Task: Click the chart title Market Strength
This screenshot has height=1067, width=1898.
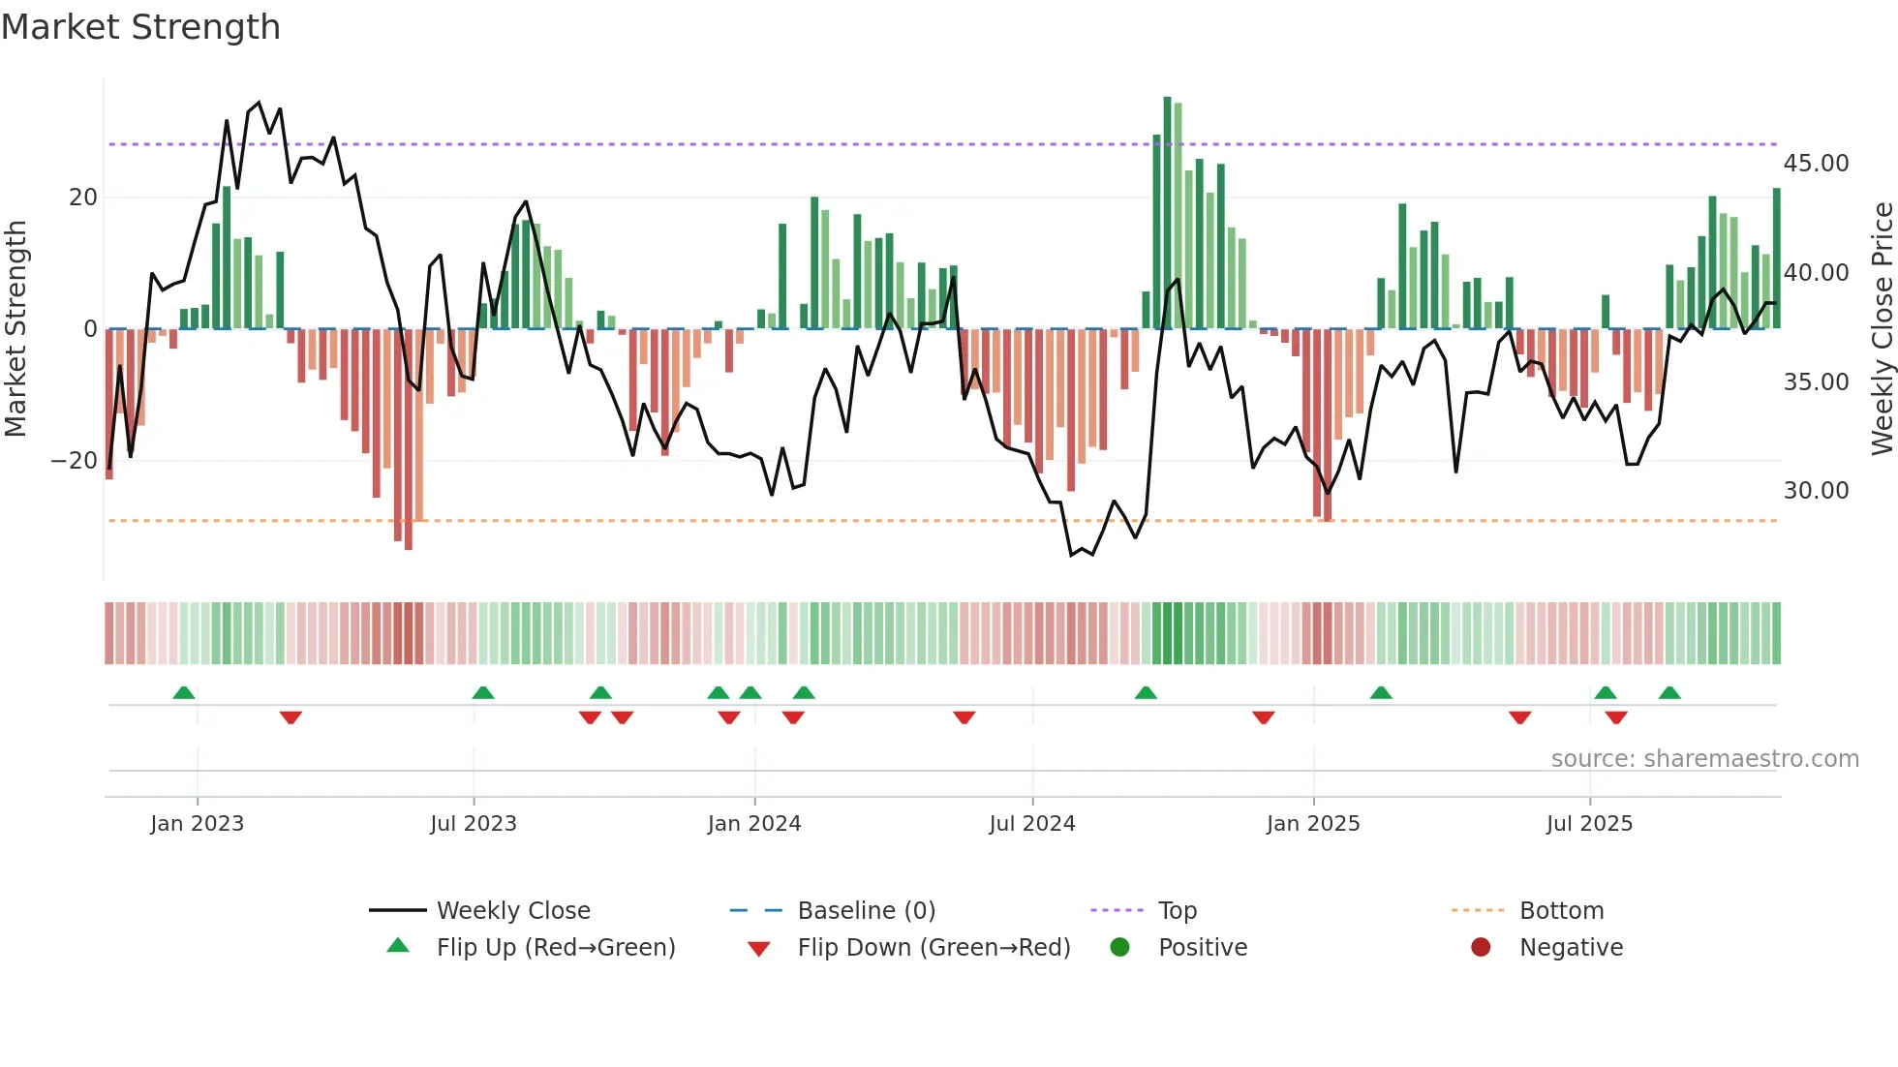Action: click(140, 27)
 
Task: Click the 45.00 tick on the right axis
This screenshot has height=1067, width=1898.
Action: click(1816, 164)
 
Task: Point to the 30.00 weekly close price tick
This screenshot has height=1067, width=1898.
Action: click(1816, 491)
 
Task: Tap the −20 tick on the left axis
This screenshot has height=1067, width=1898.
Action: click(75, 461)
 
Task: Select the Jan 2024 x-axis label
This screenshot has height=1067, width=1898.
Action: click(754, 824)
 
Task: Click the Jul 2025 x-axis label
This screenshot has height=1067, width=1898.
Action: click(1589, 824)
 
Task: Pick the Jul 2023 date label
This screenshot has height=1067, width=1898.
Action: click(474, 824)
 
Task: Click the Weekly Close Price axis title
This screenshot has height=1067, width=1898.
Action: click(1882, 329)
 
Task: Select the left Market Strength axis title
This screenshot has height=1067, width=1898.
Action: click(15, 329)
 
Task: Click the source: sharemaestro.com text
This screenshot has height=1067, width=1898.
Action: click(1704, 759)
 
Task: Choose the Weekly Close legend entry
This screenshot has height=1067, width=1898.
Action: click(512, 911)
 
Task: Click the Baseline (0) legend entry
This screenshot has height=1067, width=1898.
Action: click(866, 911)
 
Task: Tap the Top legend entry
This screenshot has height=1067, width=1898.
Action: click(1177, 911)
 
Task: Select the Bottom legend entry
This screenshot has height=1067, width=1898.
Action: click(1561, 911)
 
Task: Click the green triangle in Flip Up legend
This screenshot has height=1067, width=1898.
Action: click(398, 946)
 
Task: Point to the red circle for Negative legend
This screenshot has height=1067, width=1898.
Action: click(1480, 947)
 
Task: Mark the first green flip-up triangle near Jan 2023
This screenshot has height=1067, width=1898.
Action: click(184, 692)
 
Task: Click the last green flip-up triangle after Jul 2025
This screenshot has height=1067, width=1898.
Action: click(1669, 692)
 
